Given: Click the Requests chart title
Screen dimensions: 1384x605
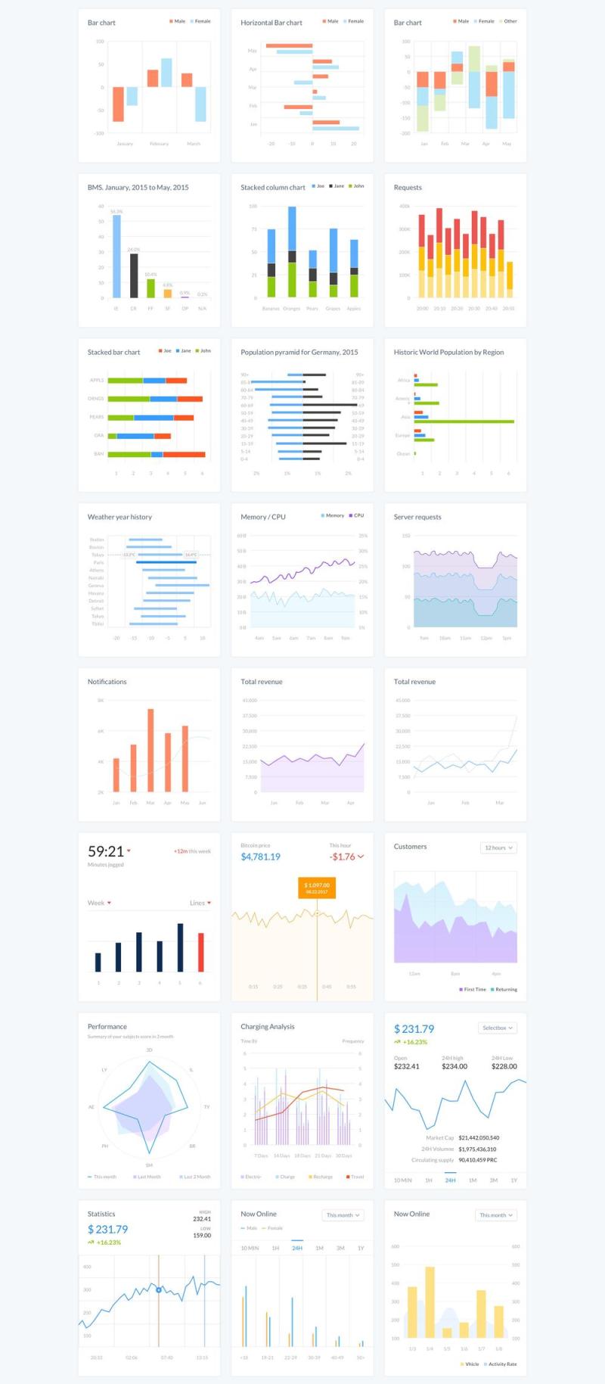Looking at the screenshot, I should [408, 188].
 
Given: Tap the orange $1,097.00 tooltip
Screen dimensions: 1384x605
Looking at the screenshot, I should [317, 888].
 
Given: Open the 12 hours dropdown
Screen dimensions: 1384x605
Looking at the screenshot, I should [498, 848].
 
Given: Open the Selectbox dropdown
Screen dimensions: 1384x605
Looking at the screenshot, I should [498, 1028].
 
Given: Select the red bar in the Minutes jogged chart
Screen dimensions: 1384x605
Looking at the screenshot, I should [200, 952].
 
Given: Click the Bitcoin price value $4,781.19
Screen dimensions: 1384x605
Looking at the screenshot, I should [260, 857].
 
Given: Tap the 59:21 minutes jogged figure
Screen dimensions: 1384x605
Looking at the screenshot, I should [106, 851].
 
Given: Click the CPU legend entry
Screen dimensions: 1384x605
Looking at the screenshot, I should [357, 515].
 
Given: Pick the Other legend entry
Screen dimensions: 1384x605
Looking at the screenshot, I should [510, 21].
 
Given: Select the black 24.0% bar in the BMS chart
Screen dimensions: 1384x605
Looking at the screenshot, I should [134, 275].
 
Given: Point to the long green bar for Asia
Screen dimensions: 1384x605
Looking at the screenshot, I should [464, 421].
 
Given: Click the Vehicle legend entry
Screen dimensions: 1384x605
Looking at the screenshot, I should [470, 1364].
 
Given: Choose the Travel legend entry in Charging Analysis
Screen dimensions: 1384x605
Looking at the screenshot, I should [355, 1177].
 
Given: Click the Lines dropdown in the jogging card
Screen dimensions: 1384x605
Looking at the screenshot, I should [200, 903].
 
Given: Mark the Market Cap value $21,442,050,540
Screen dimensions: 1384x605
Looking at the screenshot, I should [479, 1137].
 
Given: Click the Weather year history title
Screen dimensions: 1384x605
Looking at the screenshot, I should [119, 517].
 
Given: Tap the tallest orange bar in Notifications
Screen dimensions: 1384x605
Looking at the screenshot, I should [150, 750].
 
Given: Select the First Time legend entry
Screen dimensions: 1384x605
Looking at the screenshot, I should [473, 989].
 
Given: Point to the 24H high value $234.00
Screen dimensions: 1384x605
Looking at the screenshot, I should [455, 1066].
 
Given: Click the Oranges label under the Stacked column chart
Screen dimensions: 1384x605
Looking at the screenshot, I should [292, 309].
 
